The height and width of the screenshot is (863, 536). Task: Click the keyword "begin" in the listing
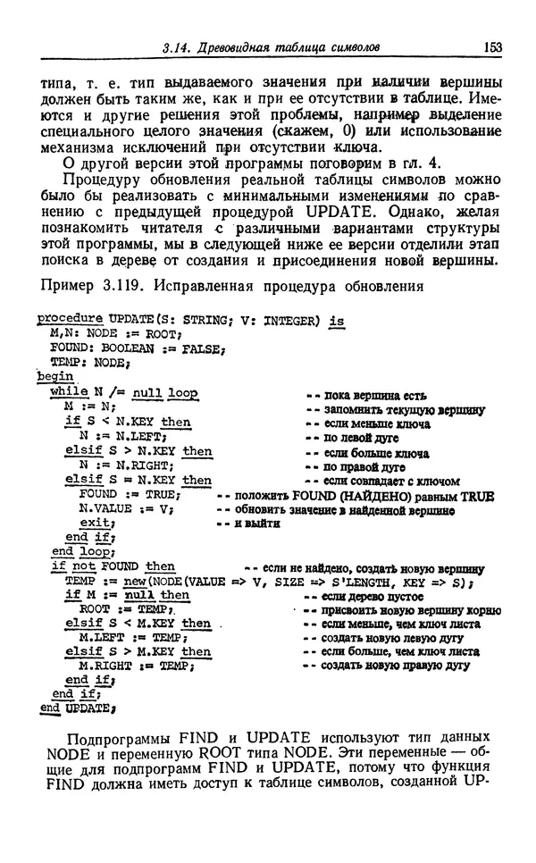click(x=54, y=378)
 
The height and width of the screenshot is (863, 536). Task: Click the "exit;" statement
click(x=96, y=523)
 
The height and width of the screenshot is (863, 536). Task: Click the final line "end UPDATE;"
click(x=76, y=708)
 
